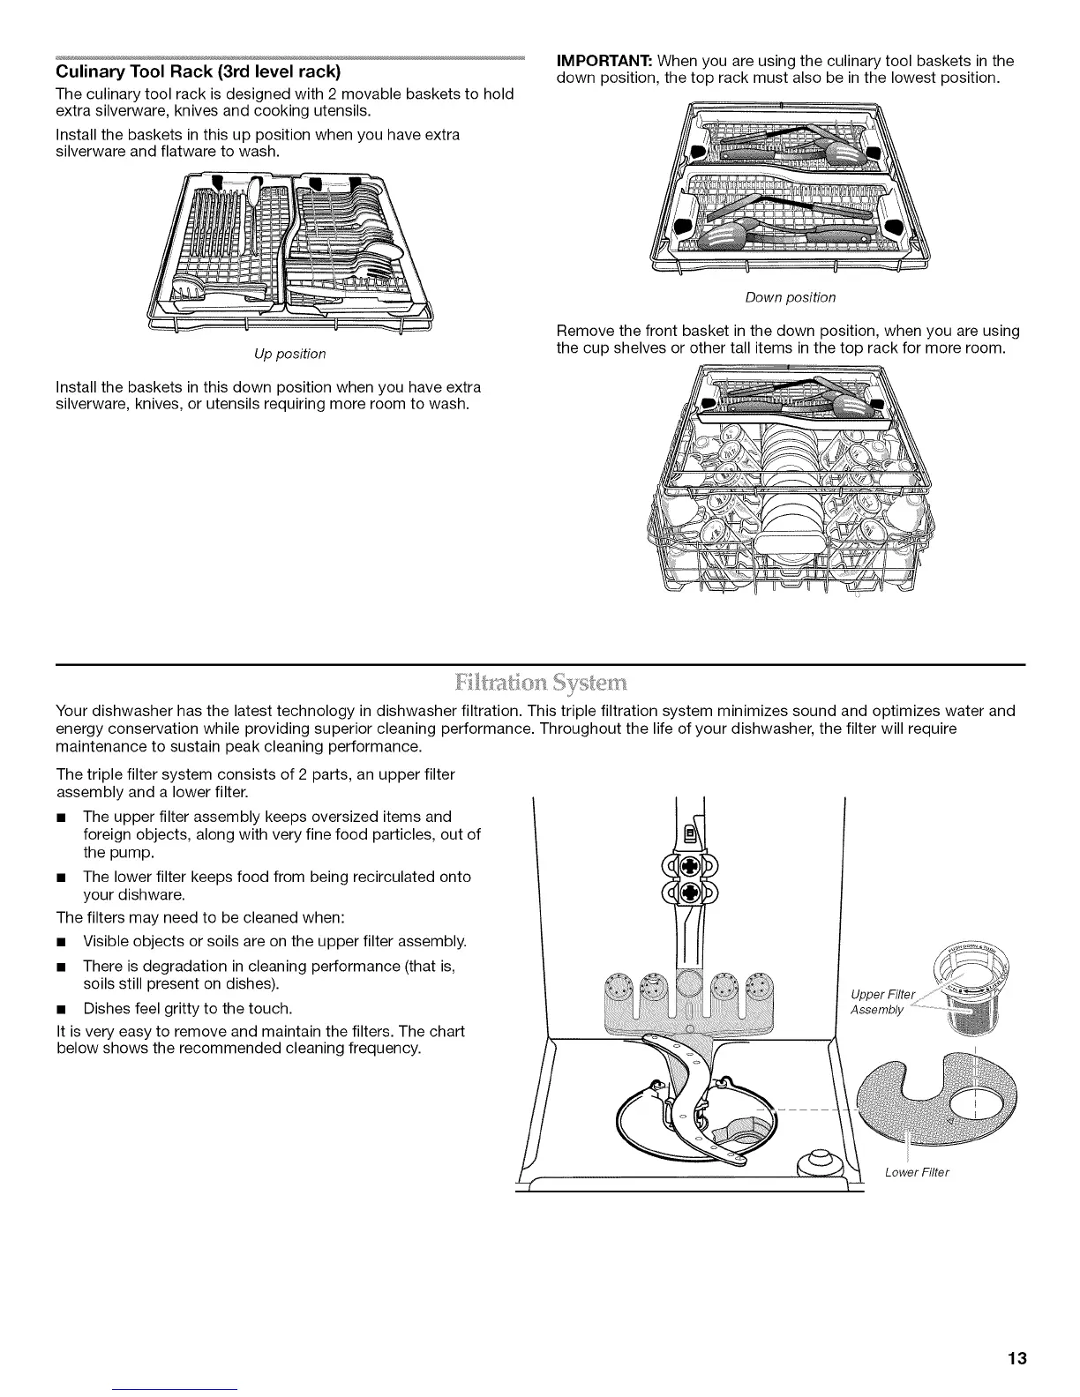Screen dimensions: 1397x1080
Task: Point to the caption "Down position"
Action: tap(790, 297)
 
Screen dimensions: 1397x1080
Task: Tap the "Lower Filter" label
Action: tap(916, 1172)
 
